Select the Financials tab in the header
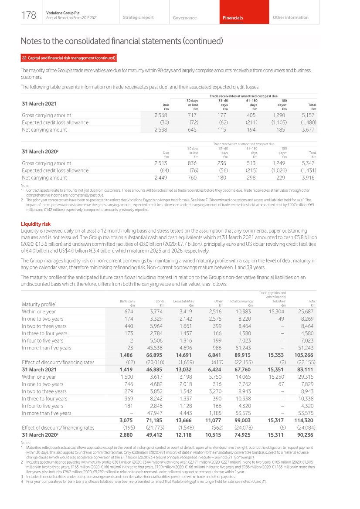click(233, 18)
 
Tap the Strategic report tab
click(138, 17)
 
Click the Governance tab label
click(184, 18)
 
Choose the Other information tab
click(290, 17)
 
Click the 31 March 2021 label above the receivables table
click(39, 104)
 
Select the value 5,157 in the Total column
click(308, 115)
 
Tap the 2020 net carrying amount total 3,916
click(308, 177)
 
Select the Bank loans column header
click(127, 301)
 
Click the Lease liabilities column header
click(183, 301)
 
